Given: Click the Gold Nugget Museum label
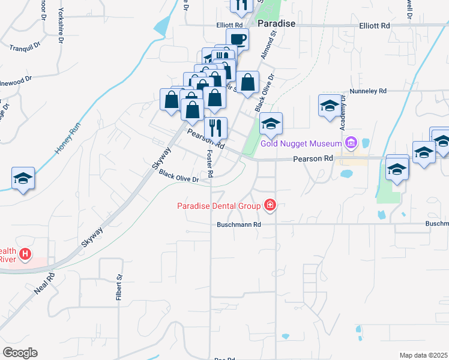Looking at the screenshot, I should point(301,144).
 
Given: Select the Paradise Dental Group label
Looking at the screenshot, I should point(219,206).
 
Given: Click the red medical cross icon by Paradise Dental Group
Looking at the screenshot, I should point(270,206).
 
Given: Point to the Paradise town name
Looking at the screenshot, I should point(277,23).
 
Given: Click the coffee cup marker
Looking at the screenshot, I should point(237,40).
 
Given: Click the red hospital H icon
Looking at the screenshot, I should point(25,255).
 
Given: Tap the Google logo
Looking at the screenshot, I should point(20,353).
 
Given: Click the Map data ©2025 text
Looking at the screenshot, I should point(423,355).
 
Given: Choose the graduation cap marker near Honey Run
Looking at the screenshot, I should point(23,178).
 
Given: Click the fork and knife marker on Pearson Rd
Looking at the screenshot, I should point(215,128).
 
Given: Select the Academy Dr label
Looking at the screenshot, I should point(343,115).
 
